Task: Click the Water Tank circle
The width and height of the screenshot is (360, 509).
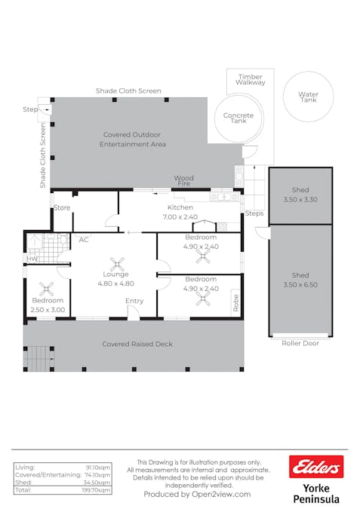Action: click(309, 72)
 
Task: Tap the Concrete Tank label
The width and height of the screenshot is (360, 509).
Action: click(238, 118)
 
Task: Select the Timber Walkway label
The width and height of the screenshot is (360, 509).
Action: click(250, 79)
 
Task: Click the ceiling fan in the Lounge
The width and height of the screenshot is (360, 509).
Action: click(117, 264)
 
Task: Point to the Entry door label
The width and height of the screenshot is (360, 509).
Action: click(134, 301)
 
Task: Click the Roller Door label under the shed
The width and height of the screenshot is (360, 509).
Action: click(300, 343)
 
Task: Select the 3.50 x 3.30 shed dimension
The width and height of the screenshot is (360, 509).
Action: click(300, 200)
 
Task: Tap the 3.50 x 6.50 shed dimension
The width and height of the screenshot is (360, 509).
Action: click(300, 285)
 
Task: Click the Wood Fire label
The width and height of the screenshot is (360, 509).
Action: click(184, 180)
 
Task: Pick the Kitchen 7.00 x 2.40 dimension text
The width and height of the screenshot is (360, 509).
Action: click(180, 217)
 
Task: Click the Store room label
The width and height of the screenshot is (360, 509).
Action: click(62, 207)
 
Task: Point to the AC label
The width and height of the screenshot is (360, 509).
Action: click(84, 240)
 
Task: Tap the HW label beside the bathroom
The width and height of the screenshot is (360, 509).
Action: click(32, 259)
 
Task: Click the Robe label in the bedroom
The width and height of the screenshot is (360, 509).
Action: click(236, 303)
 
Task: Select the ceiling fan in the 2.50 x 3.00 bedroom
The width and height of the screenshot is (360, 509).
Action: click(47, 289)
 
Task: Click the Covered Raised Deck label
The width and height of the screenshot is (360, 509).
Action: click(137, 344)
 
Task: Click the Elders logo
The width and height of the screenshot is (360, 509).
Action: click(316, 467)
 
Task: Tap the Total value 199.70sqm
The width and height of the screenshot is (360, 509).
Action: click(96, 490)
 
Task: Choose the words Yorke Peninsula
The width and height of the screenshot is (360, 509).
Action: click(316, 494)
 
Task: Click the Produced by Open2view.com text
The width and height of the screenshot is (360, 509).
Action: click(197, 495)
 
